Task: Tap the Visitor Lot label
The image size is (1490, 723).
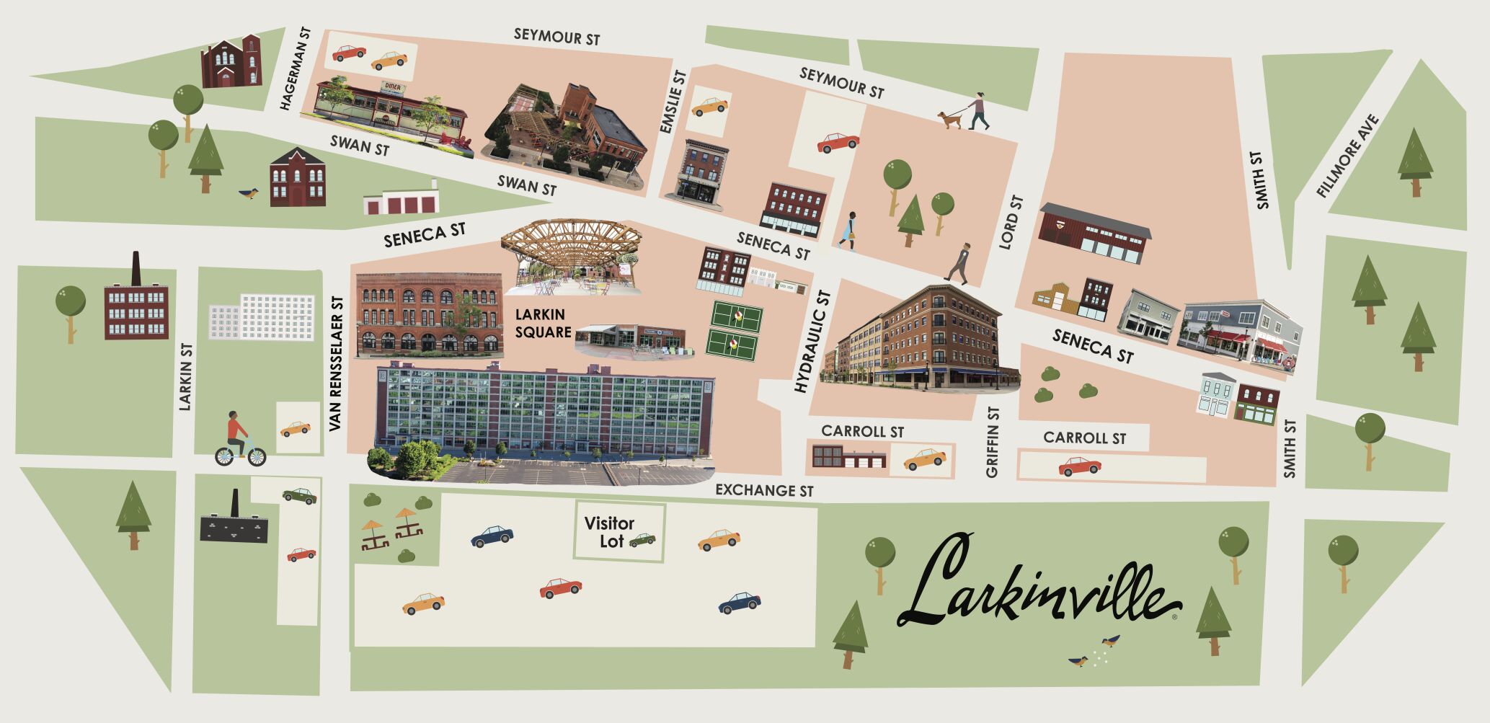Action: pyautogui.click(x=609, y=532)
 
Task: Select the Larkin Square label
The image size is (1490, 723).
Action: pyautogui.click(x=543, y=324)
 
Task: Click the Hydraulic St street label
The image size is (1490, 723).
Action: pyautogui.click(x=812, y=342)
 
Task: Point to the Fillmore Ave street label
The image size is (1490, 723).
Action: pyautogui.click(x=1347, y=156)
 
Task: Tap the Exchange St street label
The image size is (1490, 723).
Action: pyautogui.click(x=764, y=490)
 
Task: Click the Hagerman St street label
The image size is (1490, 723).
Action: pyautogui.click(x=295, y=69)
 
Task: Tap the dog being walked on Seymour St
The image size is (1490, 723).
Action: pyautogui.click(x=949, y=120)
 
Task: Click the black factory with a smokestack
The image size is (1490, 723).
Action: pyautogui.click(x=234, y=523)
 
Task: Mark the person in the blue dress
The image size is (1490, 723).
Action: pyautogui.click(x=849, y=231)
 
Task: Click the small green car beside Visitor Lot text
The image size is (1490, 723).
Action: pyautogui.click(x=642, y=539)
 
